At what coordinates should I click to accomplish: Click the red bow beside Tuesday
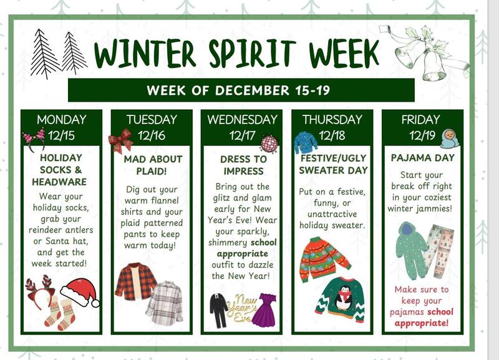[x=119, y=141]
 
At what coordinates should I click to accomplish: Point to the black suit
[x=218, y=310]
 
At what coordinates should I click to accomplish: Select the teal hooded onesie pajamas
[x=412, y=250]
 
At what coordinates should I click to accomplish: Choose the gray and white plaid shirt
[x=164, y=303]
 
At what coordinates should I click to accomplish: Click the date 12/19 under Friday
[x=422, y=135]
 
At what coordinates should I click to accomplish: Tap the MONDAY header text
[x=61, y=119]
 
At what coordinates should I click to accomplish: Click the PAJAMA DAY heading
[x=422, y=158]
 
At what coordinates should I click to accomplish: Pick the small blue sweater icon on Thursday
[x=306, y=142]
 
